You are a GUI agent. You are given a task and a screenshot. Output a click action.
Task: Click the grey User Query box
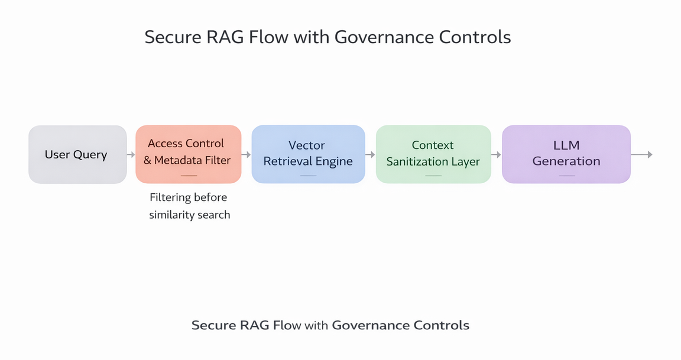tap(77, 155)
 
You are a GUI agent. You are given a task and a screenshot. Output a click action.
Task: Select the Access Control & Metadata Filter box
tap(188, 154)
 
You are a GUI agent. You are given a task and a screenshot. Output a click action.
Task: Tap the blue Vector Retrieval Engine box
tap(308, 154)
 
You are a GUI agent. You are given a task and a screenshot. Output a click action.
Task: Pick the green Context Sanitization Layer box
tap(433, 154)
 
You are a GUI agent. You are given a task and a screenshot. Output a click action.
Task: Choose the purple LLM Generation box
tap(566, 154)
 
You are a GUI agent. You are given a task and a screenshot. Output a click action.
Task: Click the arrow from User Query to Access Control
tap(131, 155)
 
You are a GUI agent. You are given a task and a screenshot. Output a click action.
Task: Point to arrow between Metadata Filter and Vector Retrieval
tap(246, 155)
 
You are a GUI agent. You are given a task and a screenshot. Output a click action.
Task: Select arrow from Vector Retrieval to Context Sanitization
tap(370, 155)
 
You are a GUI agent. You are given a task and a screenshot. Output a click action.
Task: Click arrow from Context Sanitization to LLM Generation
tap(496, 155)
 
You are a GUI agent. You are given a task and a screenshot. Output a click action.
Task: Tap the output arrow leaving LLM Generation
tap(641, 155)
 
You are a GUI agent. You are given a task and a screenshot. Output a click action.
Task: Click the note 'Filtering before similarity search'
tap(189, 206)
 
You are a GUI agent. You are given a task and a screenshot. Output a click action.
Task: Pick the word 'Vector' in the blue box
tap(307, 145)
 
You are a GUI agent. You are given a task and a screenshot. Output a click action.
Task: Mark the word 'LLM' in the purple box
tap(566, 145)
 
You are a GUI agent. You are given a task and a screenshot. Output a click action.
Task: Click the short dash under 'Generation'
tap(566, 176)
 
